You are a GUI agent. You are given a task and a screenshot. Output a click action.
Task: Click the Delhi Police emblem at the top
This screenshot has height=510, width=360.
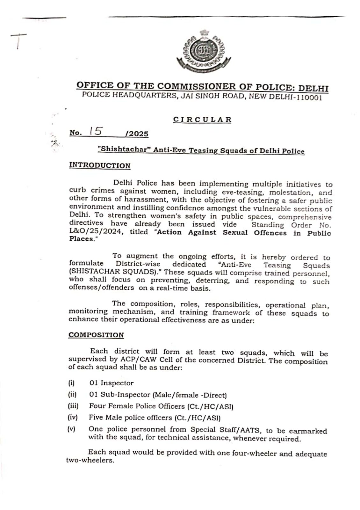[204, 51]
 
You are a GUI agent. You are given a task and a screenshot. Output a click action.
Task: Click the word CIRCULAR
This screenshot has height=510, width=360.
[202, 120]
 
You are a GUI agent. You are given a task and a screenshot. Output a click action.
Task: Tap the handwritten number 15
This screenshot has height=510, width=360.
[96, 131]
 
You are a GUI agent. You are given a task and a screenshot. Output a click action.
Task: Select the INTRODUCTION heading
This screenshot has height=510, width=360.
[100, 166]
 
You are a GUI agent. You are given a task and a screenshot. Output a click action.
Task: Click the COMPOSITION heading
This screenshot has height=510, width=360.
[96, 335]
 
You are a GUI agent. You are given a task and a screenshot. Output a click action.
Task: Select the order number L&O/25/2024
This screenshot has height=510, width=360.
[96, 232]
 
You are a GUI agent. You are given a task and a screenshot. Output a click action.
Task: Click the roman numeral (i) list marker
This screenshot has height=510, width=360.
[71, 383]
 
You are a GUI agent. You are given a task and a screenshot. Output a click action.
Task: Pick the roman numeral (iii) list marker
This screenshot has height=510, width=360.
[73, 406]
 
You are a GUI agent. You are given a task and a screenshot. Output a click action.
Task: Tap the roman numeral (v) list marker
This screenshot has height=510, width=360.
[71, 429]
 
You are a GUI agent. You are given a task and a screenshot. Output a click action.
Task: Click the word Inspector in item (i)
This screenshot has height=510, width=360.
[117, 383]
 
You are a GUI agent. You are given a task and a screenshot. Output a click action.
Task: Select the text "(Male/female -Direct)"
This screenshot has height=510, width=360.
[190, 395]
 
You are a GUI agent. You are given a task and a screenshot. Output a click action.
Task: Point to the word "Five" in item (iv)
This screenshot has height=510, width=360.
[96, 418]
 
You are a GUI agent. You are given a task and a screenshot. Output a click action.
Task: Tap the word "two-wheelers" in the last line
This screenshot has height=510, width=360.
[90, 461]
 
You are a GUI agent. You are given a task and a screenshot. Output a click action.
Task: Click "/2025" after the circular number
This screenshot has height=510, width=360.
[137, 134]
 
